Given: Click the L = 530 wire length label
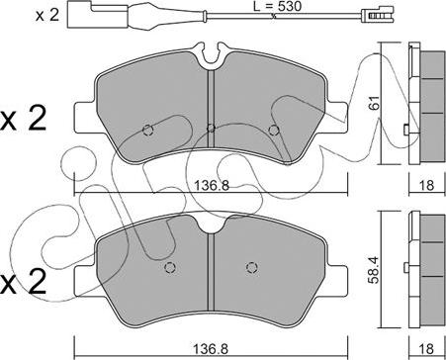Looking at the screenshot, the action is coord(278,6).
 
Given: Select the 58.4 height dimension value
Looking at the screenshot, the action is coord(375,270).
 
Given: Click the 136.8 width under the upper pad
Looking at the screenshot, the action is coord(211,186).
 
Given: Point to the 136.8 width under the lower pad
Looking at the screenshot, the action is coord(211,348).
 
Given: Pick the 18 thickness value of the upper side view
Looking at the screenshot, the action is coord(427,185).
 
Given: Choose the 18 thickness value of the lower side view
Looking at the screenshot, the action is coord(427,348).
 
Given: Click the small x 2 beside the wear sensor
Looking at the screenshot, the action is coord(47,16).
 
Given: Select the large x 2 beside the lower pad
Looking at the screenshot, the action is coord(23,282).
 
